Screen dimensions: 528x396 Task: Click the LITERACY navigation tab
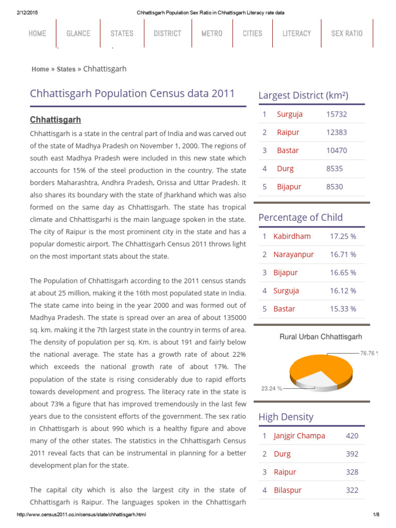coord(296,34)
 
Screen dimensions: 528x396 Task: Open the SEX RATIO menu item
coord(346,34)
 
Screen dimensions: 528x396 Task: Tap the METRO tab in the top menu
coord(212,34)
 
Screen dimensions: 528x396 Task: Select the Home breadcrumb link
coord(40,69)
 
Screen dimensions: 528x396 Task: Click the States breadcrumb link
coord(66,69)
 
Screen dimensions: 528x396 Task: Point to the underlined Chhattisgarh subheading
coord(55,120)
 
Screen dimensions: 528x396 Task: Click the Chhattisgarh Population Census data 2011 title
coord(133,94)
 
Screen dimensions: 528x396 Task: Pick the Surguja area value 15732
coord(337,114)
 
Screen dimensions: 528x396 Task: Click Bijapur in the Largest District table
coord(289,187)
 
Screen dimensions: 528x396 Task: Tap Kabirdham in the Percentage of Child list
coord(292,237)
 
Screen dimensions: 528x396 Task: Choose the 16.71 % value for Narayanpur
coord(343,255)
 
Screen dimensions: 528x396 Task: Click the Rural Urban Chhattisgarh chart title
coord(321,337)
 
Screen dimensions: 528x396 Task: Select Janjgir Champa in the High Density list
coord(299,436)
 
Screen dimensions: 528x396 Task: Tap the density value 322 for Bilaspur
coord(352,490)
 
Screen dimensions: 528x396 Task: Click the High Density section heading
coord(286,417)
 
